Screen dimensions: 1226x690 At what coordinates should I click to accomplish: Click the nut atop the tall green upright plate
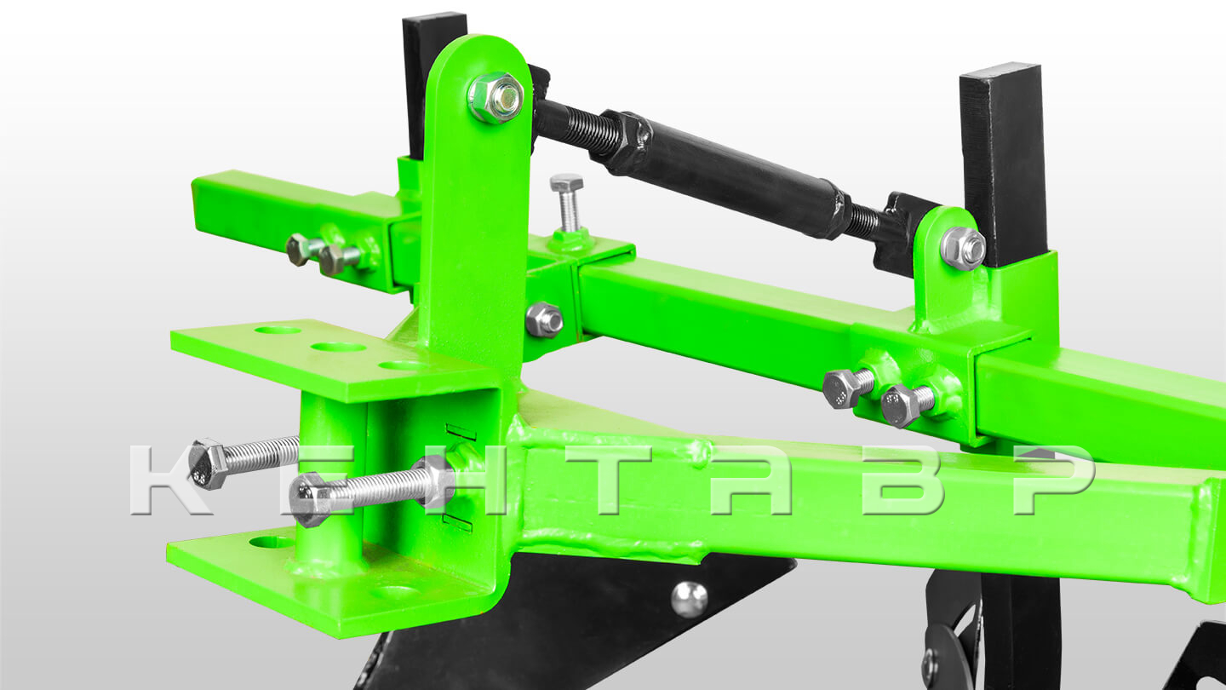click(x=496, y=97)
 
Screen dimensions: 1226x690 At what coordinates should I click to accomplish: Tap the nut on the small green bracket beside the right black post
click(x=963, y=248)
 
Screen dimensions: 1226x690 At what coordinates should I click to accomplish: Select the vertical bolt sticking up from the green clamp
click(x=568, y=203)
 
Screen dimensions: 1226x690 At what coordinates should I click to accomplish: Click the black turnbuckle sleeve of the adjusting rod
click(x=725, y=170)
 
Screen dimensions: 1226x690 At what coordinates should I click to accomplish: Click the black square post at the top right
click(x=1001, y=164)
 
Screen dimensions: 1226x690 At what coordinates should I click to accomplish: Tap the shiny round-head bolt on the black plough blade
click(x=689, y=600)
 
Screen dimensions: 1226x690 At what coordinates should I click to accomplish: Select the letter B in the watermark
click(x=902, y=480)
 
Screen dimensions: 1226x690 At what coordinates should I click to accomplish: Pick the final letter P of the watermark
click(x=1054, y=480)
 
